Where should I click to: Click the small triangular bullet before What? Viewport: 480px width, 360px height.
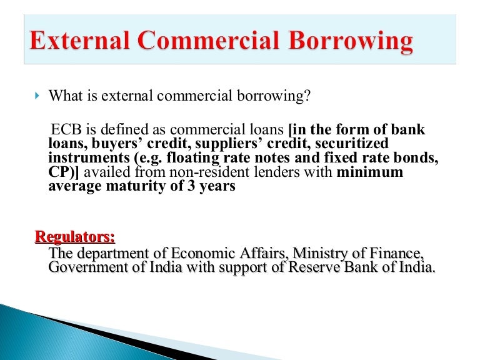click(36, 97)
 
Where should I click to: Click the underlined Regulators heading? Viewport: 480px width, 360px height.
click(75, 237)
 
